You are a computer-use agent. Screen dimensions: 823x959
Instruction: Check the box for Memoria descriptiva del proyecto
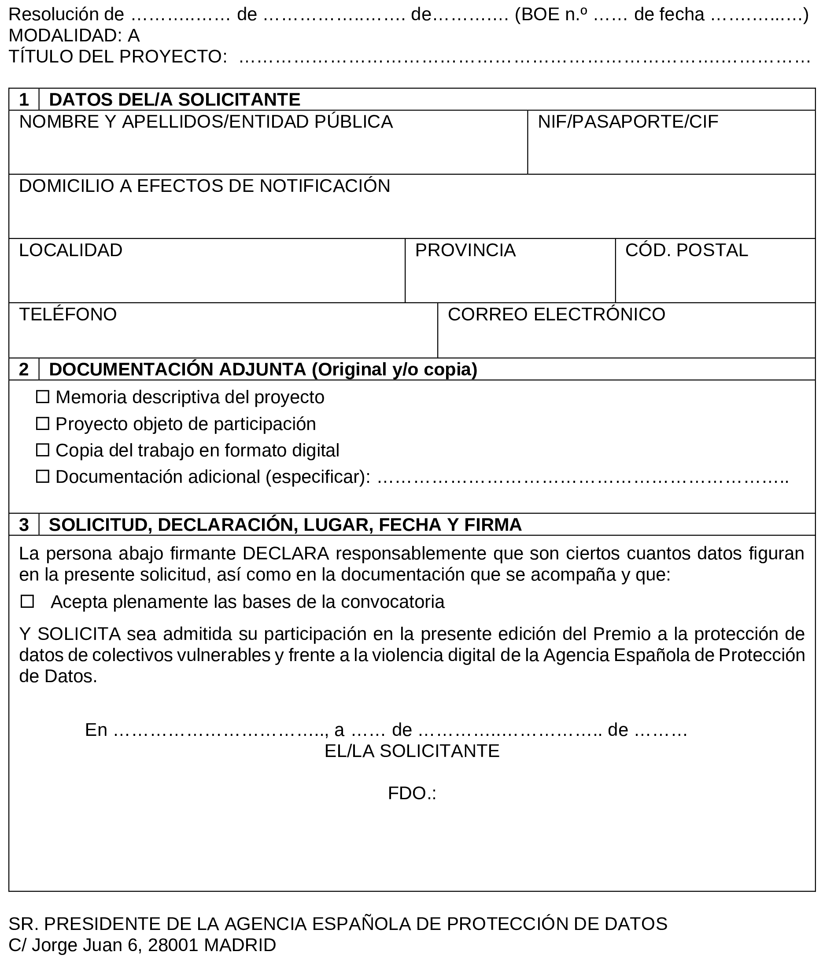[43, 397]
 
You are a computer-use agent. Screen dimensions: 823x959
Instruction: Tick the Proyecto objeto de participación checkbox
[43, 423]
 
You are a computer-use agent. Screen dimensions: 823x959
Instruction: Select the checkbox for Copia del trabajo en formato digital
[43, 450]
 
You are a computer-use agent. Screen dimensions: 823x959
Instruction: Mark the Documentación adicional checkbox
[43, 476]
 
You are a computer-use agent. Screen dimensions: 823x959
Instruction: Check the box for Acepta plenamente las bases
[27, 602]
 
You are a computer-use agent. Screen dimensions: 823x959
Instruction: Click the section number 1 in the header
[24, 99]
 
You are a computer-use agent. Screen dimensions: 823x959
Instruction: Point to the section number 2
[24, 369]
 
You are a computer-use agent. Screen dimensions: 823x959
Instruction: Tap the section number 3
[24, 525]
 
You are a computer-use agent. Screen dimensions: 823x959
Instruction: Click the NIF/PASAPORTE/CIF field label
[627, 122]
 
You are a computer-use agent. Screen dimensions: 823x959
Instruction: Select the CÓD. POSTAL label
[686, 250]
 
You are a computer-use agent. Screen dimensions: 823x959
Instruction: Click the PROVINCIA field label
[465, 250]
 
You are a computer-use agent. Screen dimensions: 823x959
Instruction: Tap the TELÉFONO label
[68, 314]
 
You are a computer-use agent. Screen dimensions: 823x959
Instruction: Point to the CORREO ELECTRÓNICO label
[556, 314]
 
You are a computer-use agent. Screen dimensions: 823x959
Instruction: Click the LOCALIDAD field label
[70, 250]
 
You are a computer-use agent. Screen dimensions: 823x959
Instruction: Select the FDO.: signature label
[412, 794]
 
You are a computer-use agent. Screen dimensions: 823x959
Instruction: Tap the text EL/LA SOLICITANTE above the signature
[412, 751]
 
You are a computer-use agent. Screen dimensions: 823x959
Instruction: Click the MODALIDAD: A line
[74, 36]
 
